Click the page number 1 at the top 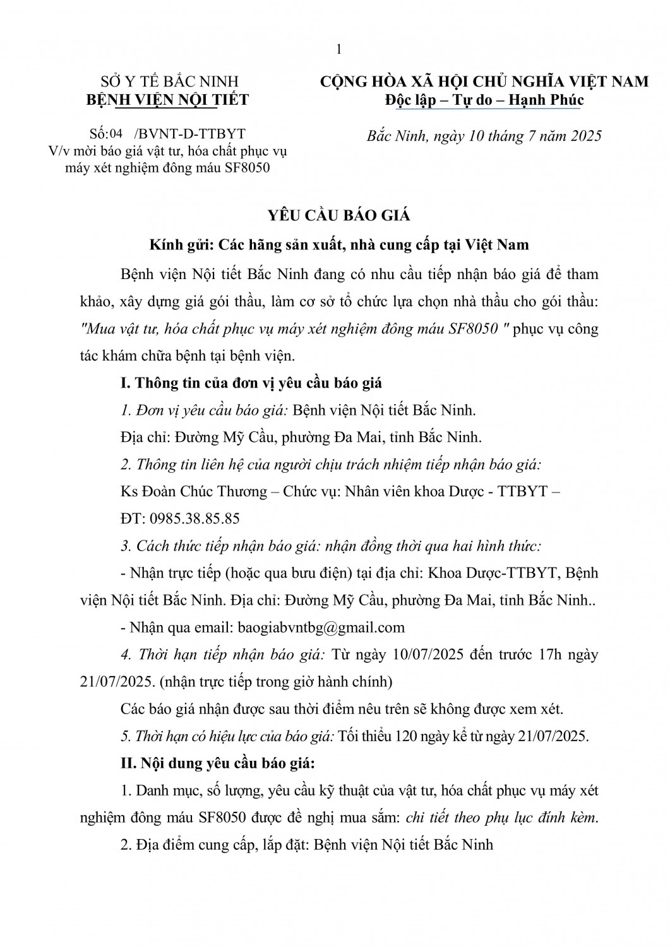[339, 51]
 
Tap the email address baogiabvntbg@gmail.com [320, 628]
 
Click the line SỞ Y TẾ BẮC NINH [170, 81]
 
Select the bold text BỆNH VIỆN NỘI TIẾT [167, 100]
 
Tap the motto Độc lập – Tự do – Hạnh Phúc [484, 100]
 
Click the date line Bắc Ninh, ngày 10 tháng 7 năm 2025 [484, 136]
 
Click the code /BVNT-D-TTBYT [189, 134]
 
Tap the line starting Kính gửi [338, 244]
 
